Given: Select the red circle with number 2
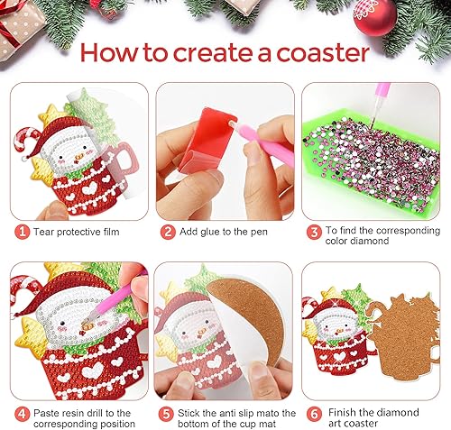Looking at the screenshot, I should [168, 232].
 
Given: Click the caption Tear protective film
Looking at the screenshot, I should [76, 232].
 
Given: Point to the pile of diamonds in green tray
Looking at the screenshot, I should [374, 158].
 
